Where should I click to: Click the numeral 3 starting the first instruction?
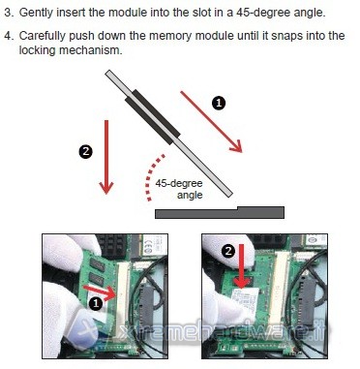click(8, 13)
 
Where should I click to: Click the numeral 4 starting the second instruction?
click(8, 36)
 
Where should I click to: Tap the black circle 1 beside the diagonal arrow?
click(219, 103)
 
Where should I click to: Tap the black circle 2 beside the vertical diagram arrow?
click(85, 151)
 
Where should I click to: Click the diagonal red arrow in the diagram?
click(211, 121)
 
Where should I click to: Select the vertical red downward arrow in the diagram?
click(106, 157)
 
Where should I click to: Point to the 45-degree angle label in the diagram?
click(179, 189)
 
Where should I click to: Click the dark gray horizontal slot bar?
click(220, 212)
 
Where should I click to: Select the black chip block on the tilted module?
click(152, 116)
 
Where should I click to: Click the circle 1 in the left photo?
click(96, 303)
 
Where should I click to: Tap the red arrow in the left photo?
click(100, 292)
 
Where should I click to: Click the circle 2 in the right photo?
click(228, 251)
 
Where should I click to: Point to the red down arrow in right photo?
click(242, 266)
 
